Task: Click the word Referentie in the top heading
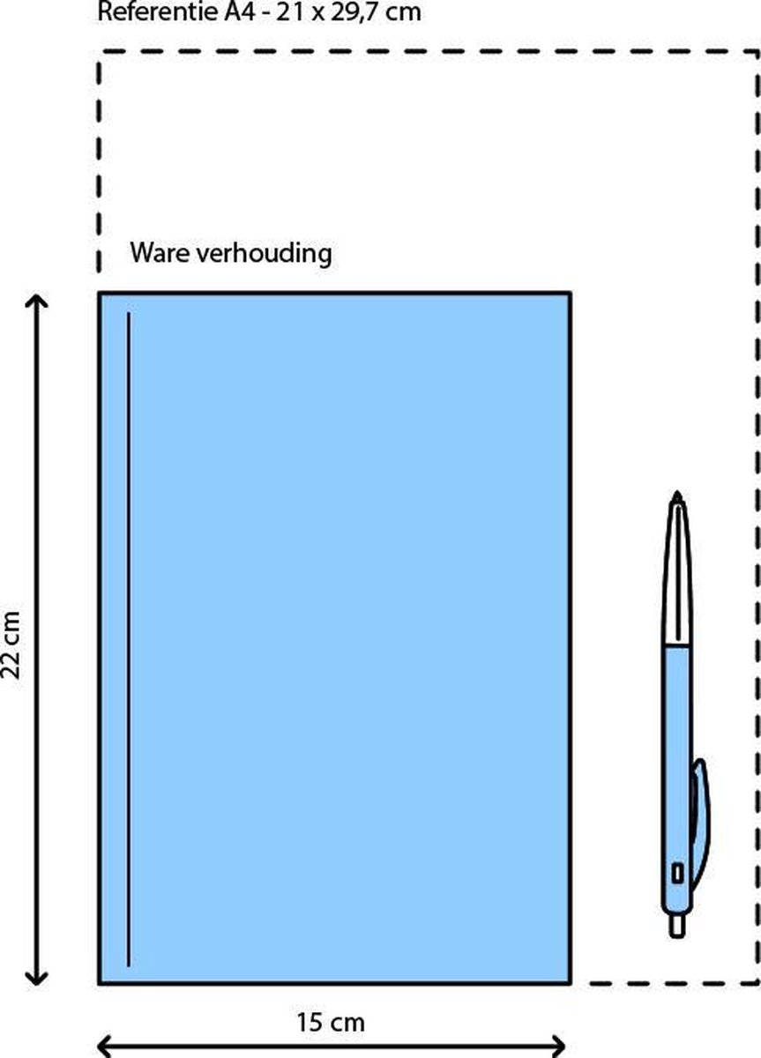coord(158,11)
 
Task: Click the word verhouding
coord(264,254)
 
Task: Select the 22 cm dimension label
coord(11,645)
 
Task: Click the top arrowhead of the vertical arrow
coord(36,302)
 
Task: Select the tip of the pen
coord(676,493)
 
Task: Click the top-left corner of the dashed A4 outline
coord(99,51)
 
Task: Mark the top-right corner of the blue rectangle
coord(571,294)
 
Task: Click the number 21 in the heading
coord(289,11)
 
